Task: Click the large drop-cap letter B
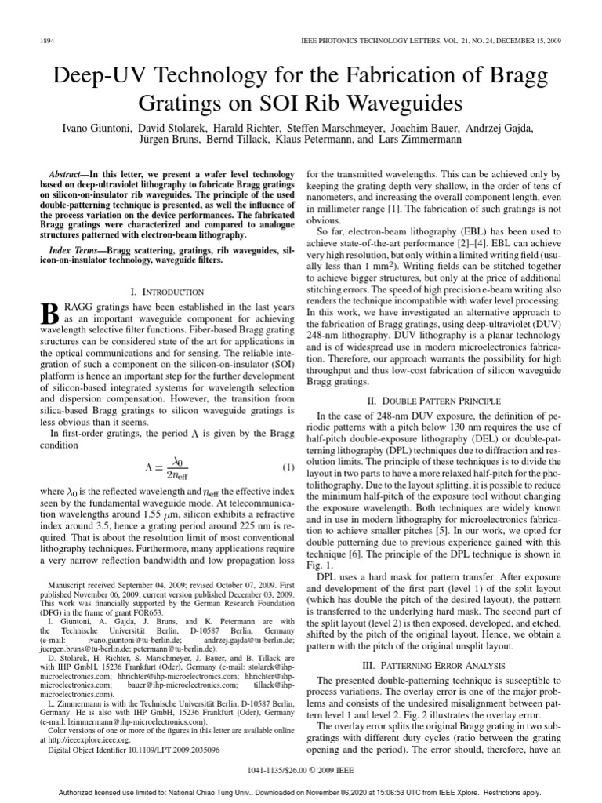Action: coord(49,315)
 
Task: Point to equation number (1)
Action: coord(287,467)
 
